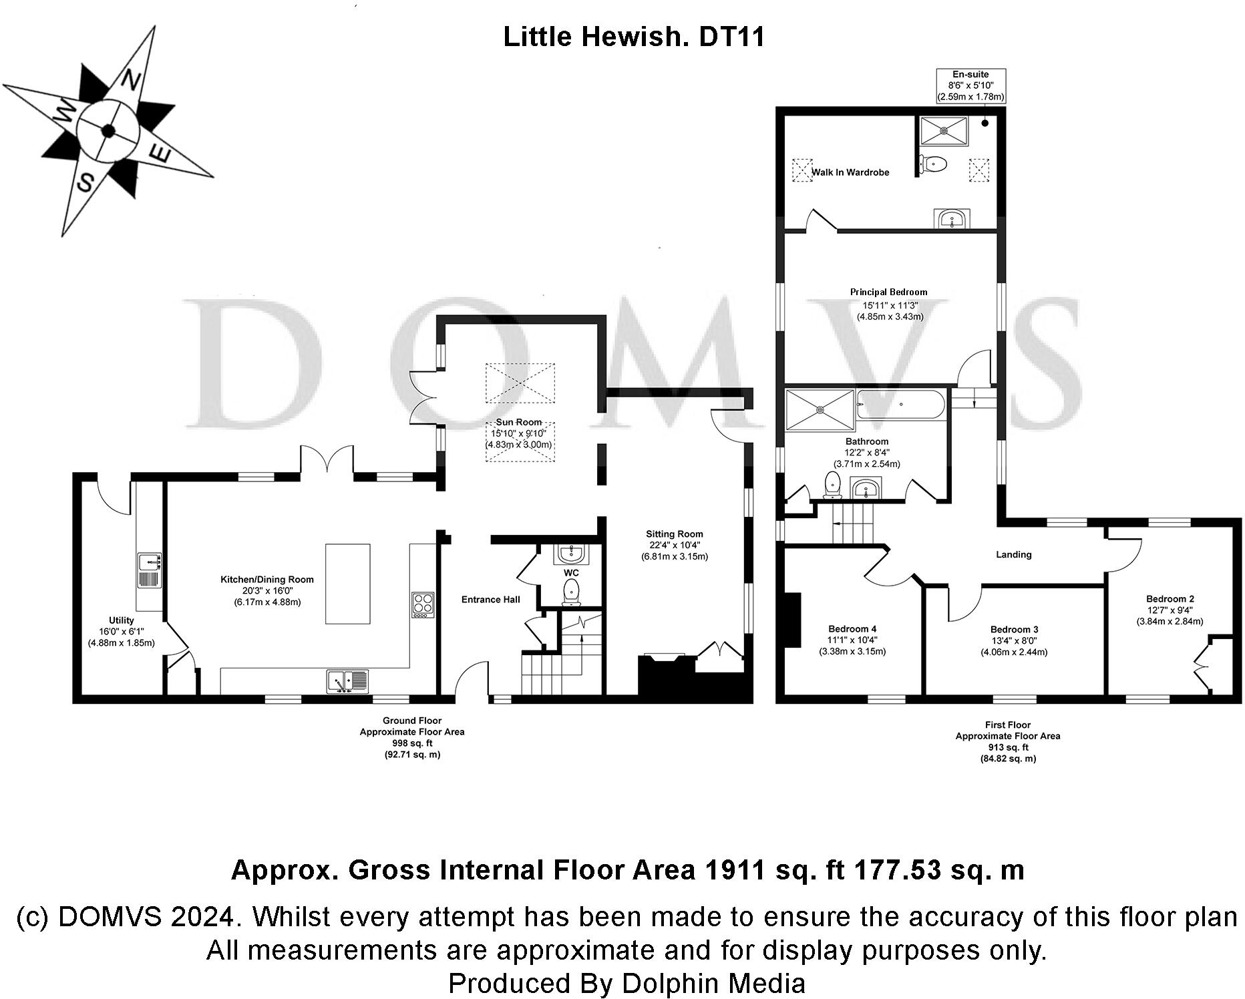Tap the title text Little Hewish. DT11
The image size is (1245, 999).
coord(633,37)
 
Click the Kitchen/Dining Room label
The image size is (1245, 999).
coord(267,580)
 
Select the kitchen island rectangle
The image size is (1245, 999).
coord(347,584)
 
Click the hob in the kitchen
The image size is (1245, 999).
coord(423,605)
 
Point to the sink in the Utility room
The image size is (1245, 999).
coord(149,571)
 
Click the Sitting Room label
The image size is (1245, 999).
coord(674,534)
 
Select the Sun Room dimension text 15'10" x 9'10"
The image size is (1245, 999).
coord(518,433)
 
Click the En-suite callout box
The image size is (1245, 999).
coord(970,85)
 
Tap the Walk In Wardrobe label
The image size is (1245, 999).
coord(850,172)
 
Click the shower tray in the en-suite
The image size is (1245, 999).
coord(943,131)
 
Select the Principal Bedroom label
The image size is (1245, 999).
coord(888,292)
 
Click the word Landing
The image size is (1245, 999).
coord(1013,554)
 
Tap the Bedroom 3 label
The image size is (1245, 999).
coord(1014,629)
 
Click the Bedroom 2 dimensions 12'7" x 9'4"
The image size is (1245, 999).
coord(1170,610)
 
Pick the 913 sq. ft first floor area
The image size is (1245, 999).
coord(1007,747)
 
